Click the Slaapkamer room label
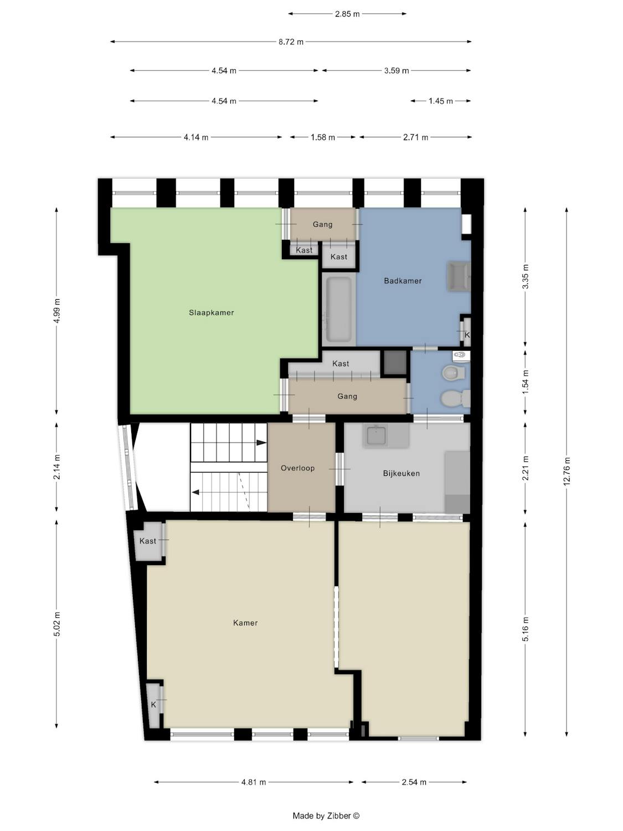pyautogui.click(x=212, y=312)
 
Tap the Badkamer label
pyautogui.click(x=403, y=281)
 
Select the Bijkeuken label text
pyautogui.click(x=401, y=473)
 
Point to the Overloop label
pyautogui.click(x=298, y=468)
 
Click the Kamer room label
pyautogui.click(x=245, y=623)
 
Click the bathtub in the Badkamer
pyautogui.click(x=338, y=309)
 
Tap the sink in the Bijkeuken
pyautogui.click(x=375, y=435)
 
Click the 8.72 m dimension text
pyautogui.click(x=291, y=42)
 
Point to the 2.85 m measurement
pyautogui.click(x=347, y=14)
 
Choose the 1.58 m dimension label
pyautogui.click(x=323, y=137)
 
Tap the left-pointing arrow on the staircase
pyautogui.click(x=195, y=492)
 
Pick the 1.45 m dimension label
pyautogui.click(x=441, y=101)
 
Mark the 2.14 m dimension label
pyautogui.click(x=56, y=467)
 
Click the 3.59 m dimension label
pyautogui.click(x=397, y=71)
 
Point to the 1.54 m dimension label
pyautogui.click(x=526, y=382)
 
